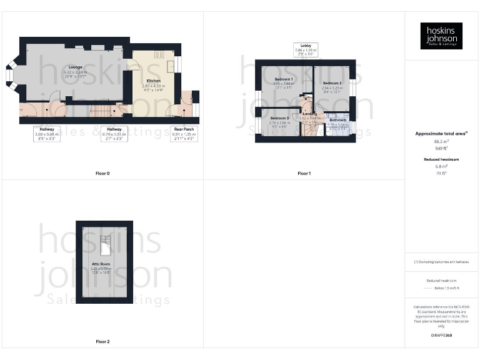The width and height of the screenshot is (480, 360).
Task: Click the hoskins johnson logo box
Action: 441,36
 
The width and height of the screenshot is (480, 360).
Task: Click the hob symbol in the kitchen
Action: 159,54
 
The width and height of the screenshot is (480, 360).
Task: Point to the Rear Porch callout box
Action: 184,133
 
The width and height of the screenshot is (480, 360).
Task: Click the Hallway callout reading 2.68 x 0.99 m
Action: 47,133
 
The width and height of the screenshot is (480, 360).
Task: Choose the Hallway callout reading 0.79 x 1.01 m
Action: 115,133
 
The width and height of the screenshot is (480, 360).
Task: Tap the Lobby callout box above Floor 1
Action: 306,49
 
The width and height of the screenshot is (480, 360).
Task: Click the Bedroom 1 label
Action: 284,79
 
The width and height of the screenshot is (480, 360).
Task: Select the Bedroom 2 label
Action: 332,83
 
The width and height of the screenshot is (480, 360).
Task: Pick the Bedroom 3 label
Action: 279,118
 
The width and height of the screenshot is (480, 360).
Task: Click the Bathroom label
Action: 338,120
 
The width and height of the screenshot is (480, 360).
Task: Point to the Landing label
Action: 310,114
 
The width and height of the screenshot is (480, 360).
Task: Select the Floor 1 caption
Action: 304,173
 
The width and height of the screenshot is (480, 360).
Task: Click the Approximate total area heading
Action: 441,134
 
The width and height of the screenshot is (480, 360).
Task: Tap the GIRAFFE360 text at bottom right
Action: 441,336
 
